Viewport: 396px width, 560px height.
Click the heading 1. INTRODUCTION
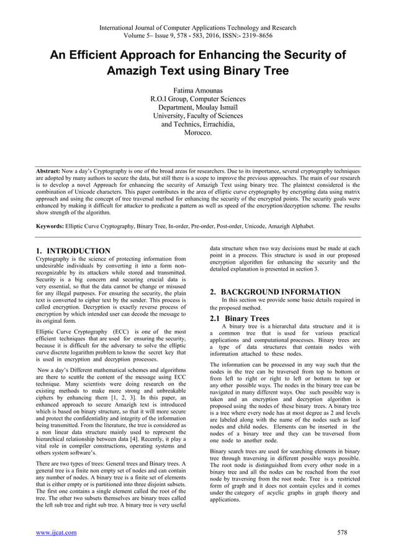[73, 251]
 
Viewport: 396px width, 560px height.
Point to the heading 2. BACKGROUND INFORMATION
[275, 292]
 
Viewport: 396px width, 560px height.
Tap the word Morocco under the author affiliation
[198, 133]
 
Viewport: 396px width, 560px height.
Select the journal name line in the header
[198, 28]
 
